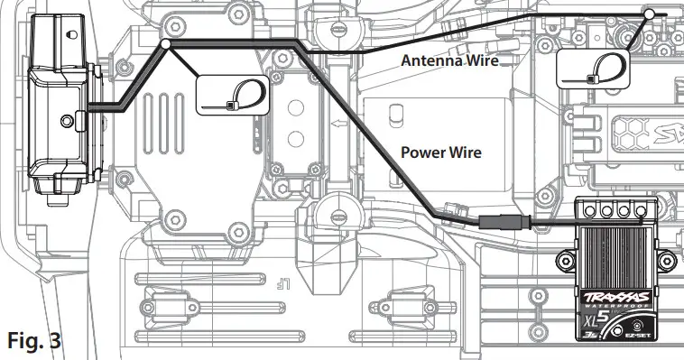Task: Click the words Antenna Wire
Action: pos(449,60)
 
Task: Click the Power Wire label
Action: pos(439,152)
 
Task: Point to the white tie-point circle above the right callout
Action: pos(649,14)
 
